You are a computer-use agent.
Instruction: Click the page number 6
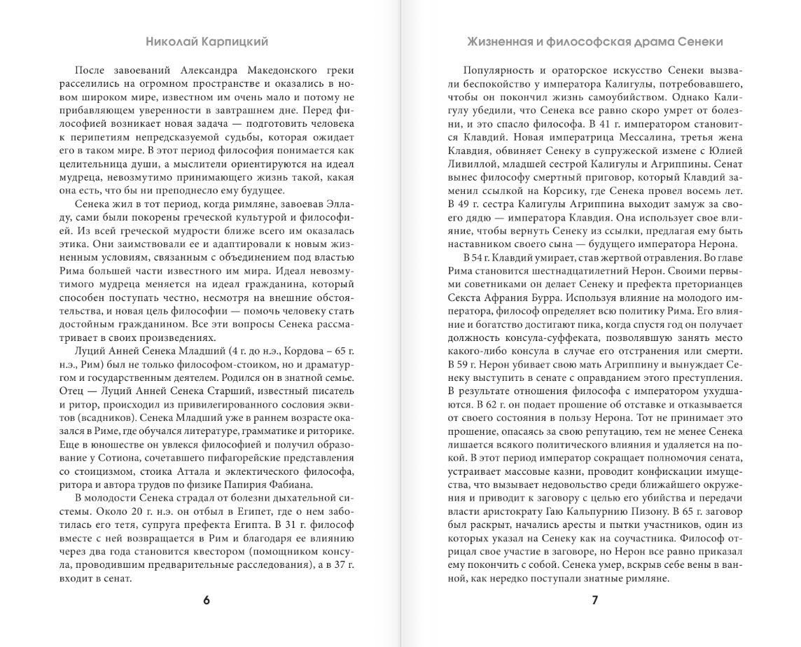206,600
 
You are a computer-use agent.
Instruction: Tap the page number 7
594,600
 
